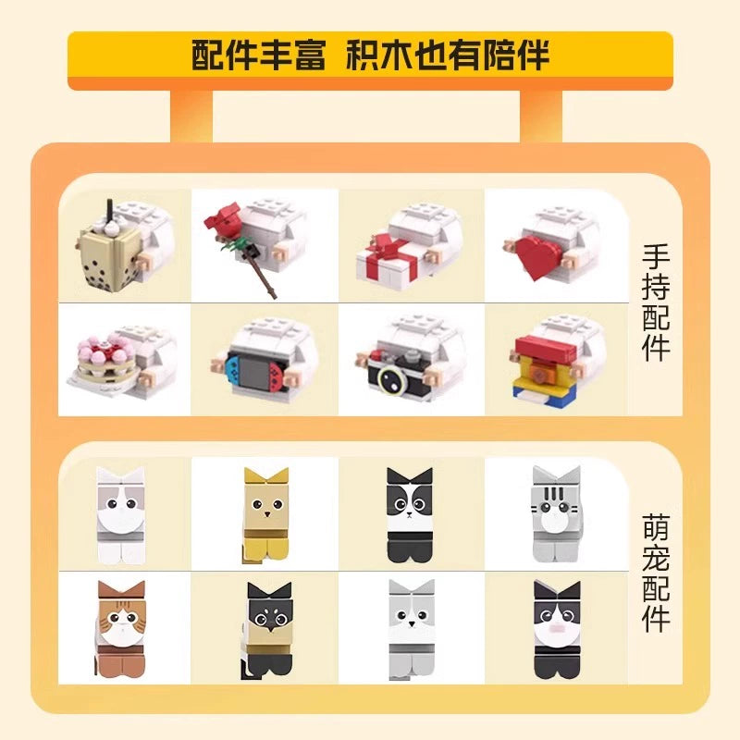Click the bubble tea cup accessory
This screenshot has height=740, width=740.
pos(107,256)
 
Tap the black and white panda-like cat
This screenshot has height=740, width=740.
pos(409,515)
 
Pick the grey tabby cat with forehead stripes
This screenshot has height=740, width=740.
pos(557,514)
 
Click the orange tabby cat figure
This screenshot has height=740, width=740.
pos(121,629)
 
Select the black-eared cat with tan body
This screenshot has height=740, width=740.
pos(268,631)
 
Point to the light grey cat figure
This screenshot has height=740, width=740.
pos(411,630)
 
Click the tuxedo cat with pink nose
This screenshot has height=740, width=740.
pos(557,629)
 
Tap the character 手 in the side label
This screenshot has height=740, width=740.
pos(657,257)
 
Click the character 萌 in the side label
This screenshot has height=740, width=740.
pos(657,527)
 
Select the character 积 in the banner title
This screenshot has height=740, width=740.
pos(363,55)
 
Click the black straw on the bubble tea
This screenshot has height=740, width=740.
pos(110,209)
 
